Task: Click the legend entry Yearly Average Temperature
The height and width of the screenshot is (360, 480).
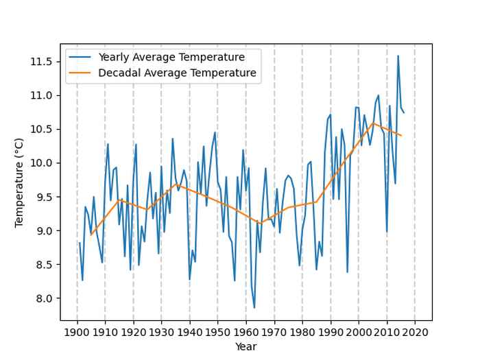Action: (171, 57)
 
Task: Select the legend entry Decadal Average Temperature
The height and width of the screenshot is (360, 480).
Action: (177, 73)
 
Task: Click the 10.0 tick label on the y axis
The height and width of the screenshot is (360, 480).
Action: (40, 163)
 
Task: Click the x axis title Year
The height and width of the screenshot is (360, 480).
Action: (245, 347)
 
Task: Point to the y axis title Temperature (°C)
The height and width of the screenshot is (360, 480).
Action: (20, 182)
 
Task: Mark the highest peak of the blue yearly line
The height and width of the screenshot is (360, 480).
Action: (398, 56)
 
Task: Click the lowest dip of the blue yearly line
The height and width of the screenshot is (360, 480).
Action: (254, 307)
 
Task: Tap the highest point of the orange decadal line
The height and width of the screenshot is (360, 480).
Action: (373, 123)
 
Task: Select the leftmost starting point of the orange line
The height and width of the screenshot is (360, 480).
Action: (91, 235)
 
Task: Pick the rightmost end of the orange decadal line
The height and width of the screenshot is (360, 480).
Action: (401, 136)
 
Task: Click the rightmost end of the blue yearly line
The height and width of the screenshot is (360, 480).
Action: (404, 112)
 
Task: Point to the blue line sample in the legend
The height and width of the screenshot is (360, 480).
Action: (82, 57)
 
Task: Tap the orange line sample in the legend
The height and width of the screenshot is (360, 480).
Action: (82, 73)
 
